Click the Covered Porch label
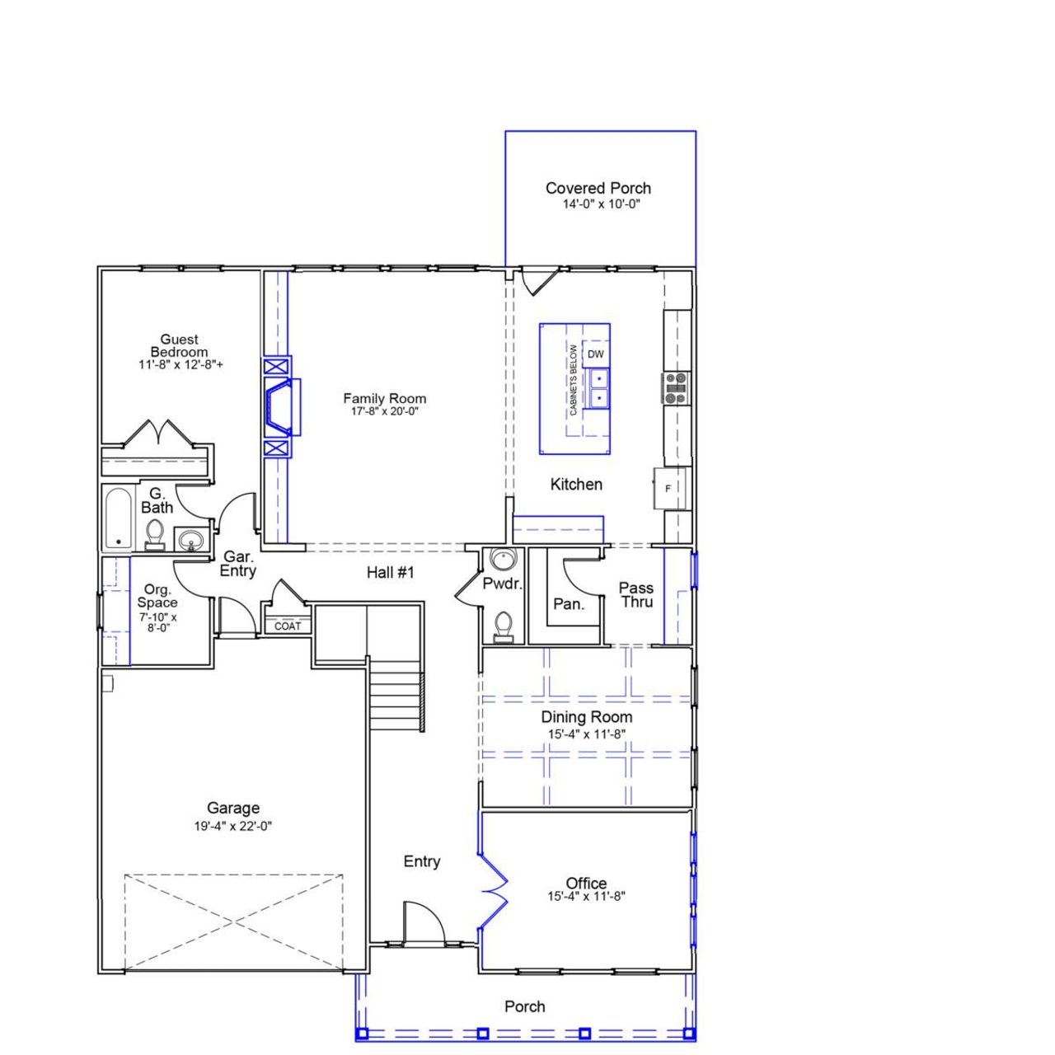click(598, 189)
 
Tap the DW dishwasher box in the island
click(595, 354)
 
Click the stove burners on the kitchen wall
click(676, 388)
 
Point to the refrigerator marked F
click(668, 489)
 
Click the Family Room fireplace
click(279, 407)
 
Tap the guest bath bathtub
click(119, 519)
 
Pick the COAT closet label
click(288, 626)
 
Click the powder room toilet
click(501, 627)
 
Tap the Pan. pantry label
click(568, 604)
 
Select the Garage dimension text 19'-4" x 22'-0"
click(233, 826)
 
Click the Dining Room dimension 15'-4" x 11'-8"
click(586, 734)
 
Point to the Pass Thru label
click(636, 594)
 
